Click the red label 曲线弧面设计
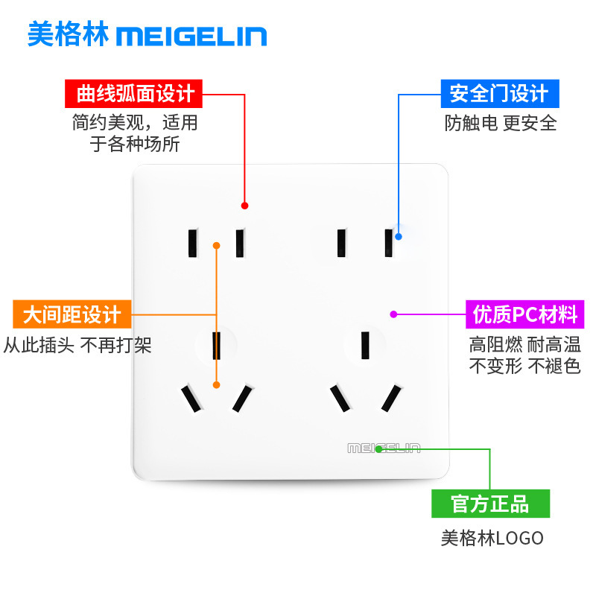click(x=133, y=94)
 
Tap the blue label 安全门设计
click(x=500, y=94)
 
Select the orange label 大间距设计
click(x=72, y=314)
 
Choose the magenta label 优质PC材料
click(x=525, y=314)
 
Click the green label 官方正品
click(x=491, y=504)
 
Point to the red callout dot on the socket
click(x=245, y=206)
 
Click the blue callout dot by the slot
click(x=399, y=236)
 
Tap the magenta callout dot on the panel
click(x=394, y=314)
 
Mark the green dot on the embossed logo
click(x=378, y=449)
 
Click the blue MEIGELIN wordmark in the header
click(x=191, y=36)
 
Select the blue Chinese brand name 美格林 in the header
click(x=69, y=34)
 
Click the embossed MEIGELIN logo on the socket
click(x=384, y=448)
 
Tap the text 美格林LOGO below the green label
click(x=492, y=538)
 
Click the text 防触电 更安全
click(x=501, y=123)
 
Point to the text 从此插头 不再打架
click(x=77, y=345)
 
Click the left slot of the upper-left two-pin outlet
click(x=193, y=244)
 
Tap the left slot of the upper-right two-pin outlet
click(x=342, y=244)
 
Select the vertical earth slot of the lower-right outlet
click(x=365, y=345)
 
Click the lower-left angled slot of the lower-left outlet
click(x=191, y=399)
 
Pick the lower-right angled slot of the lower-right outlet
click(x=391, y=399)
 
